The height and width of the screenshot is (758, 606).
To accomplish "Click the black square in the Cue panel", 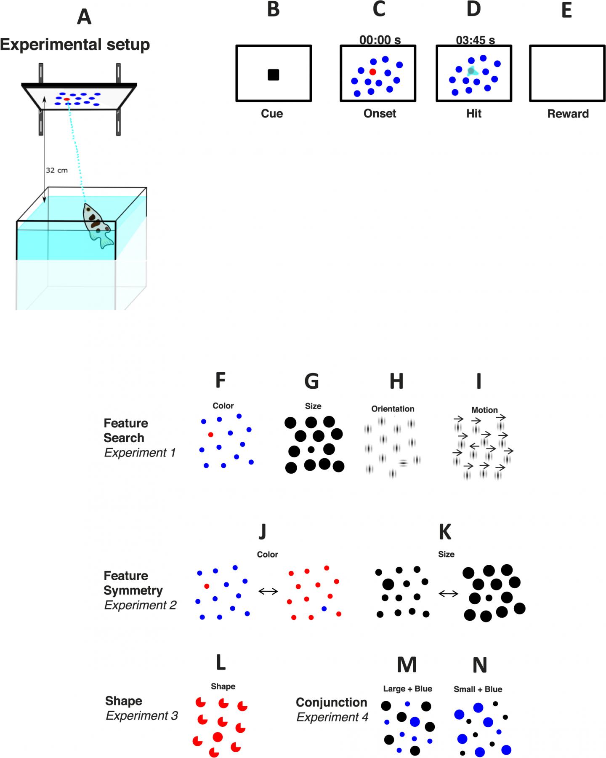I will point(274,75).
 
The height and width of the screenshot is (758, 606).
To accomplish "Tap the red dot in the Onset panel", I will point(372,72).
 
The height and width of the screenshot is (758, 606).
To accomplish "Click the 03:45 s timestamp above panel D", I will point(475,40).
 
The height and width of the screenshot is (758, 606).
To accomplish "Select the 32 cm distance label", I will point(56,170).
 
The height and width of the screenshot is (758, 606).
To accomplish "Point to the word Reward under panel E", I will point(568,114).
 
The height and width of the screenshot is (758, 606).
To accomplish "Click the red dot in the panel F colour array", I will point(211,435).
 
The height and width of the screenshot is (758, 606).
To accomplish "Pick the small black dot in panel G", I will point(311,450).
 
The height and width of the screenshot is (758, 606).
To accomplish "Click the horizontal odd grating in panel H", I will point(403,463).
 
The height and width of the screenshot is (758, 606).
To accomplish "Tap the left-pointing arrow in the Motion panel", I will point(475,445).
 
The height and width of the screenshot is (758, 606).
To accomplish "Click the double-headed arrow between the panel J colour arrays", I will point(268,591).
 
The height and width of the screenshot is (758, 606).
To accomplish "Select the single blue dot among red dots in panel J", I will point(324,609).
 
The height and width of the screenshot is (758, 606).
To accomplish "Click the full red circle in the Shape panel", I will point(218,737).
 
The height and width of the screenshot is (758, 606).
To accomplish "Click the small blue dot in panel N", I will point(499,732).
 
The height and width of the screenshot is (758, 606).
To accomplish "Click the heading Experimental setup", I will point(75,45).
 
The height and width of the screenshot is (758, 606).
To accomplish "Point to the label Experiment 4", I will point(332,717).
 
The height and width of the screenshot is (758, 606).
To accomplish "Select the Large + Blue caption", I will point(407,689).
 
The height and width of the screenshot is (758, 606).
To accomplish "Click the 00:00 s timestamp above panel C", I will point(380,40).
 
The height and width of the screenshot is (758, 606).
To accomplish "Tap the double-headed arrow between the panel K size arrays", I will point(448,594).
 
